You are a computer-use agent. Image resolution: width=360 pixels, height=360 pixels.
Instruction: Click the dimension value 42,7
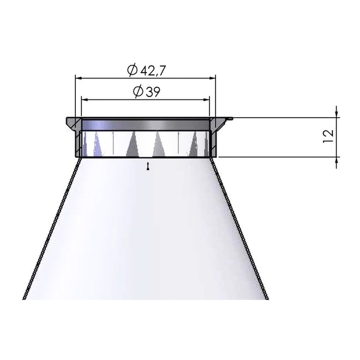click(x=153, y=71)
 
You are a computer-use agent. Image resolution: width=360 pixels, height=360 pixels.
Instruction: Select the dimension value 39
click(x=153, y=92)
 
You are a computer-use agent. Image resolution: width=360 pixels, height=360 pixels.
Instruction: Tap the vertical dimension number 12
click(x=328, y=136)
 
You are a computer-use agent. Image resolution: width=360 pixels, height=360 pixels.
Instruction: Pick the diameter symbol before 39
click(x=139, y=92)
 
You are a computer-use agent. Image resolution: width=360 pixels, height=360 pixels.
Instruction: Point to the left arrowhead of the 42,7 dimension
click(x=79, y=79)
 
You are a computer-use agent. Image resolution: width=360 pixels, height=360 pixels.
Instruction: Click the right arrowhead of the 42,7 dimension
click(x=212, y=79)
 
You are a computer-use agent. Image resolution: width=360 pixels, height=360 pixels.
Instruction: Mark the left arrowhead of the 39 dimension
click(x=85, y=100)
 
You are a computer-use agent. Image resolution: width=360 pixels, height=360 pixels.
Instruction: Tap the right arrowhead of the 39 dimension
click(x=206, y=100)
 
